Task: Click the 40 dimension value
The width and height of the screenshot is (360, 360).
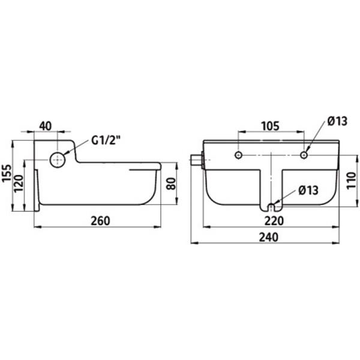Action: (x=46, y=126)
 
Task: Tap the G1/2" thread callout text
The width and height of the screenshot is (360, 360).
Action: (x=106, y=140)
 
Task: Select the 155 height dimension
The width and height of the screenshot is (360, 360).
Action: (x=7, y=173)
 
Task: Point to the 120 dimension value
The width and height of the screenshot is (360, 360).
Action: (x=19, y=184)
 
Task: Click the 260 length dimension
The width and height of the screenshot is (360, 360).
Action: (x=101, y=221)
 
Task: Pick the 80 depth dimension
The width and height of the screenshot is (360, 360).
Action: (x=171, y=184)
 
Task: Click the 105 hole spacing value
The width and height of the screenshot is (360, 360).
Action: (x=271, y=126)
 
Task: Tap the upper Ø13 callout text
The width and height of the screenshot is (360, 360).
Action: (x=337, y=121)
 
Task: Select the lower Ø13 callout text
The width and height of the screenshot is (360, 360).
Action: (x=308, y=190)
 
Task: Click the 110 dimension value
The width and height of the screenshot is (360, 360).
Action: (x=351, y=181)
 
